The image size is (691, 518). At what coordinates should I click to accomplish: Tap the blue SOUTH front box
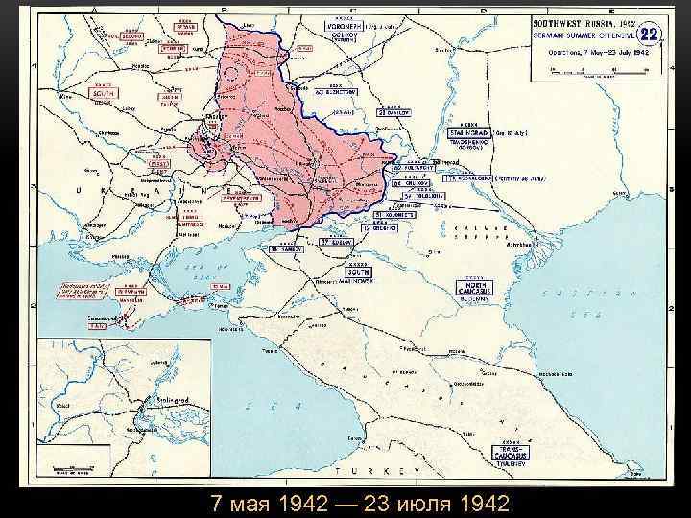(x=359, y=271)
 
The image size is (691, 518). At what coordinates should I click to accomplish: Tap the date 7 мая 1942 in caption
(x=257, y=504)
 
